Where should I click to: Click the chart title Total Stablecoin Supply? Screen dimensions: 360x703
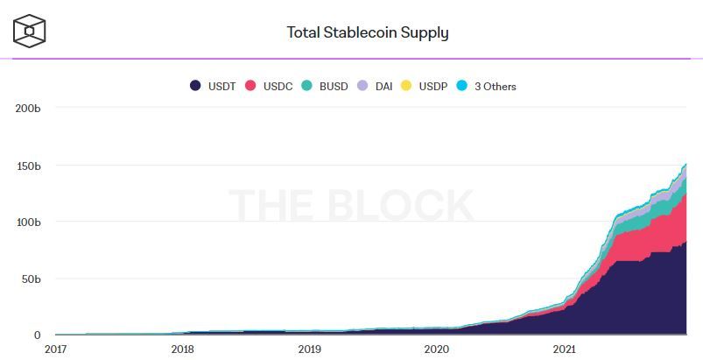pyautogui.click(x=368, y=33)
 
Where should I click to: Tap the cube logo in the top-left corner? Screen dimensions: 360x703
pyautogui.click(x=29, y=31)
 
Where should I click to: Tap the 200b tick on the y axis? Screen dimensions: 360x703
pyautogui.click(x=29, y=108)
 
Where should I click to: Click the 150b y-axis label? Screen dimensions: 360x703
pyautogui.click(x=29, y=165)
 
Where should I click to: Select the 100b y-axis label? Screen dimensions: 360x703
pyautogui.click(x=29, y=222)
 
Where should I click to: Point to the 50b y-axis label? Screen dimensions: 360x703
pyautogui.click(x=32, y=279)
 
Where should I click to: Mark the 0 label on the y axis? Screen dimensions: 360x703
pyautogui.click(x=38, y=335)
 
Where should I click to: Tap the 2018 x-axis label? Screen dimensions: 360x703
pyautogui.click(x=182, y=349)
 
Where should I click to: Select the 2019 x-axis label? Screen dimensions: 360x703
pyautogui.click(x=309, y=349)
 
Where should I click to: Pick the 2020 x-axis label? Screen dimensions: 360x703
pyautogui.click(x=436, y=349)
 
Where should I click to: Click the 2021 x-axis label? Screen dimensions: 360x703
pyautogui.click(x=564, y=349)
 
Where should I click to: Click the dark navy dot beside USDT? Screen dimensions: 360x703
pyautogui.click(x=196, y=87)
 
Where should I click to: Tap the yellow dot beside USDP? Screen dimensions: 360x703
pyautogui.click(x=406, y=87)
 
